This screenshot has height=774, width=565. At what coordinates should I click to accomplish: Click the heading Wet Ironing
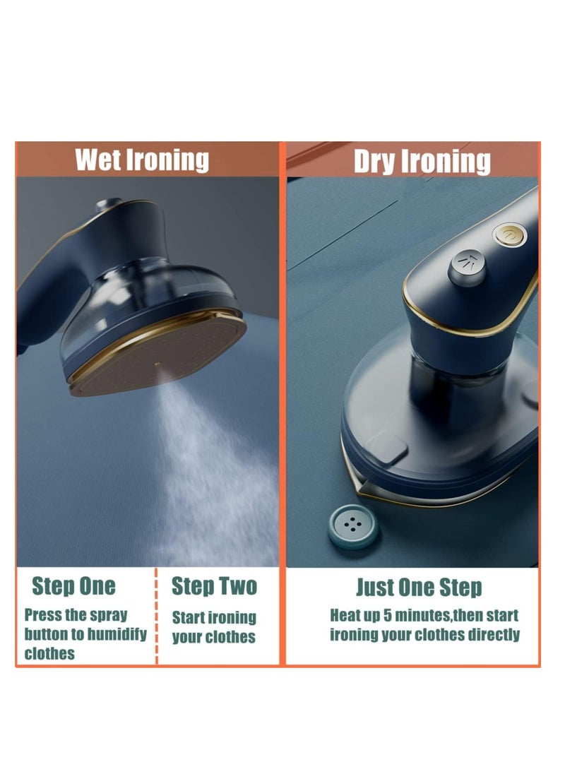[x=142, y=160]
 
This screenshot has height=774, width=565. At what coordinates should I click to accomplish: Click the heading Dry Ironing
[x=422, y=161]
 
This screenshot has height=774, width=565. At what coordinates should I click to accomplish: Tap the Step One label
[x=73, y=586]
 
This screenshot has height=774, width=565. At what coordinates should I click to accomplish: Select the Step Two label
[x=214, y=586]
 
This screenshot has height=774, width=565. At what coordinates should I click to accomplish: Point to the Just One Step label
[x=419, y=587]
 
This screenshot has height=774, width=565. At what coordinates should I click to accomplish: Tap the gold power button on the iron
[x=508, y=234]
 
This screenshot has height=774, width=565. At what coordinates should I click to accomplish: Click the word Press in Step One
[x=40, y=614]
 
